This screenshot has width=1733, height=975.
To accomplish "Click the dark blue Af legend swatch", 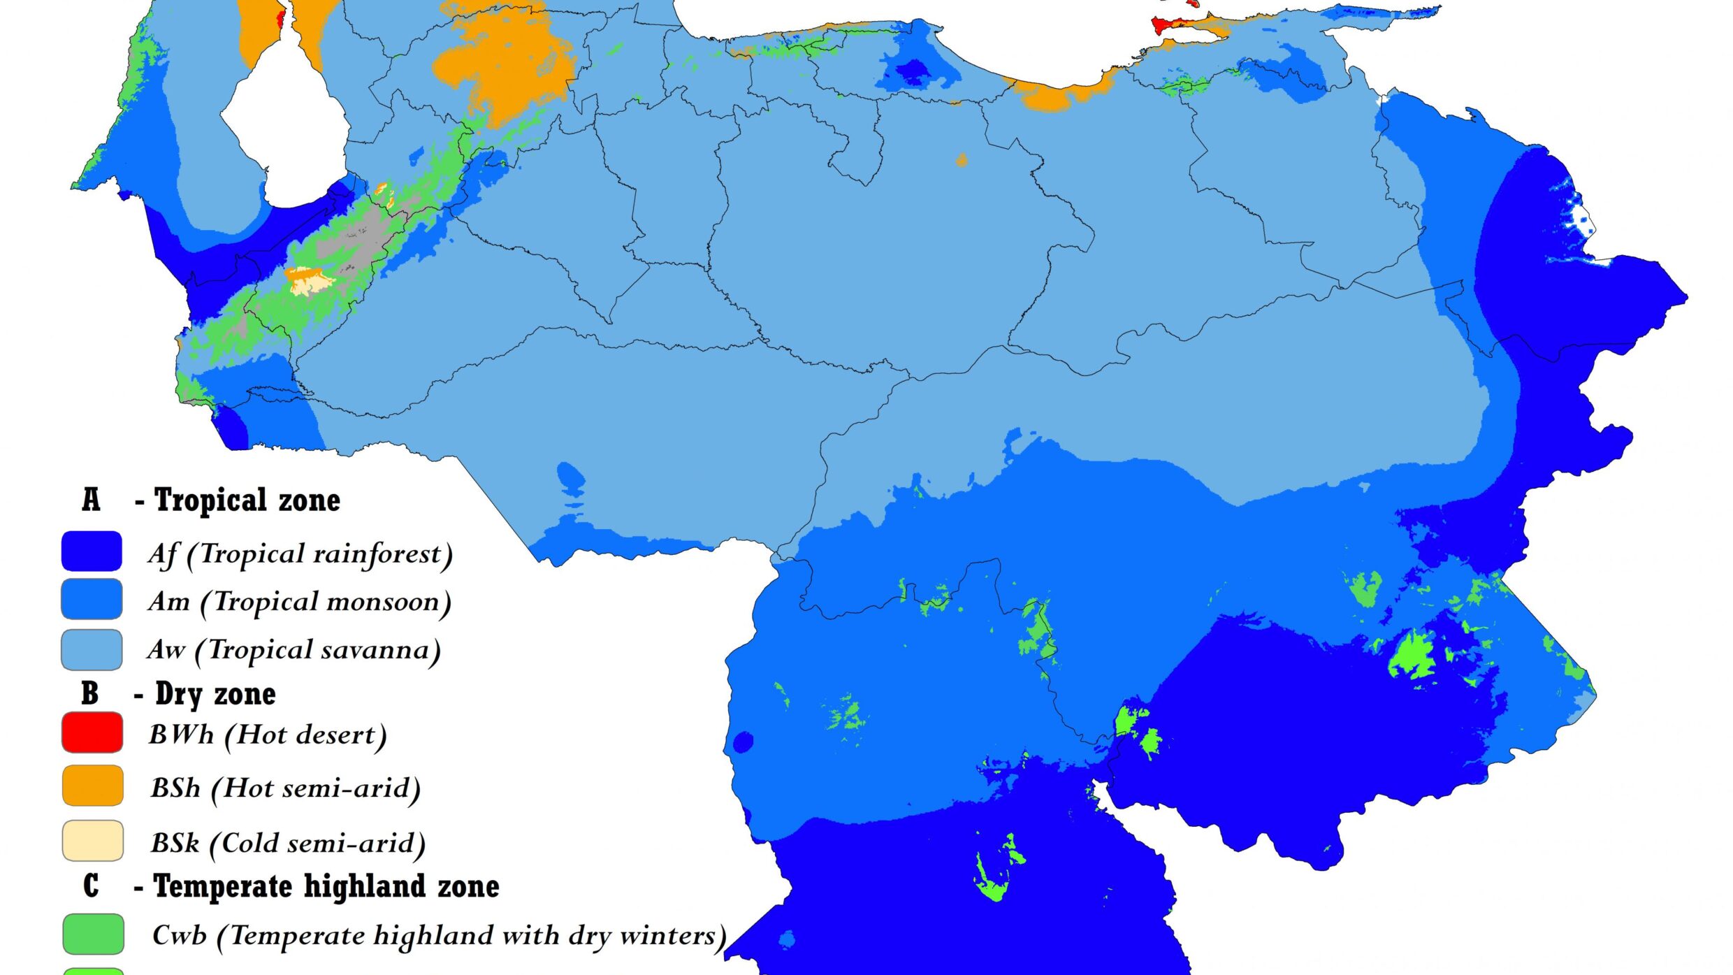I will point(92,551).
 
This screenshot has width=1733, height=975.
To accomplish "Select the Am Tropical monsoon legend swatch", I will point(92,599).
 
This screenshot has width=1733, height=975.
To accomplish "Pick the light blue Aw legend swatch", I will point(92,649).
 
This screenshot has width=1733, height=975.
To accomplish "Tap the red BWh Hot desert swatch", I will point(92,732).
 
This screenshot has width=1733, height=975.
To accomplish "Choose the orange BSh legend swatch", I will point(92,786).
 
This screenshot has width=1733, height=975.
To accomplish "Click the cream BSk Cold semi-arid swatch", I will point(92,841).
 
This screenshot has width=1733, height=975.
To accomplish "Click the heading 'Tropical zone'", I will point(247,500).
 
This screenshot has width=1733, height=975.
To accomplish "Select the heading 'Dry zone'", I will point(215,694).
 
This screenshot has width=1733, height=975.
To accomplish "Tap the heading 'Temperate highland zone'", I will point(326,886).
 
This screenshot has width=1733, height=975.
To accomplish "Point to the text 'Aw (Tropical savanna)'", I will point(294,650).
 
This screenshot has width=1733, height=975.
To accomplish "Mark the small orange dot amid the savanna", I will point(962,161).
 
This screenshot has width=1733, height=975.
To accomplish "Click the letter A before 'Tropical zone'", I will point(91,500).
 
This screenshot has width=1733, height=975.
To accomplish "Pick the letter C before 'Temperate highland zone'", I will point(91,886).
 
